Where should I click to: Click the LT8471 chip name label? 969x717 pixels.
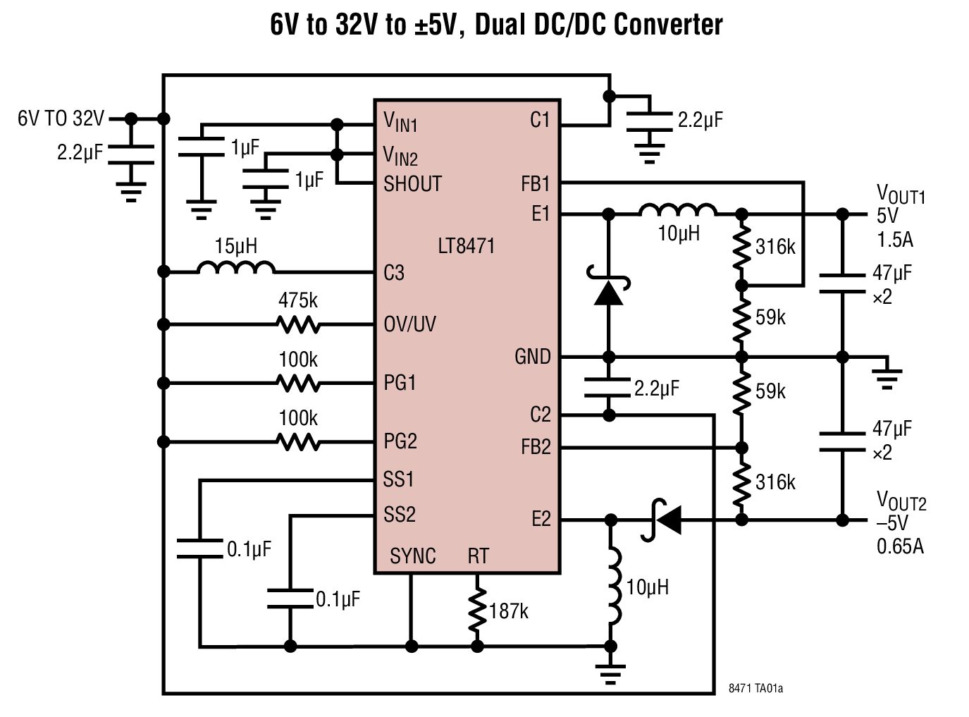pos(466,246)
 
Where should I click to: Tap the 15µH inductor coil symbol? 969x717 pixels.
pos(236,268)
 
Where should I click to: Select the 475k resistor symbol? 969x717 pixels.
pos(299,325)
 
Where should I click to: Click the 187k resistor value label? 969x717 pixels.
pos(509,611)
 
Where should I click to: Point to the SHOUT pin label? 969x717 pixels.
pos(412,184)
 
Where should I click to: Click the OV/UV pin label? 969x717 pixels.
pos(409,324)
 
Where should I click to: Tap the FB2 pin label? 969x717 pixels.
pos(536,447)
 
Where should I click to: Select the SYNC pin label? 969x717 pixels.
pos(413,556)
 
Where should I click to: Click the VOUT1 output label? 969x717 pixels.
pos(900,194)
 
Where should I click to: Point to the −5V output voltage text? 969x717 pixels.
pos(892,523)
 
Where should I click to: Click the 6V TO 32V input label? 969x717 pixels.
pos(61,118)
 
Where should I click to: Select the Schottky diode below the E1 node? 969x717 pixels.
pos(609,290)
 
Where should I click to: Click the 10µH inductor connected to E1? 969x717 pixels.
pos(677,210)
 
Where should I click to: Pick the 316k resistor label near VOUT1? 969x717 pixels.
pos(775,247)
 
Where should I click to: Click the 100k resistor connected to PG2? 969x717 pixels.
pos(299,443)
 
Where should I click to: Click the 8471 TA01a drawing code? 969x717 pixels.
pos(755,688)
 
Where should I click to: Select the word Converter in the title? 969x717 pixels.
pos(667,25)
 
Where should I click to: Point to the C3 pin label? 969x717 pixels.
pos(394,273)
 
